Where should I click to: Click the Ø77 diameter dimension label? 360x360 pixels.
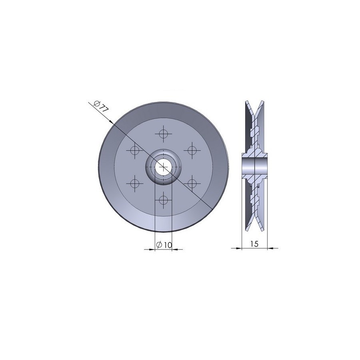point(101,106)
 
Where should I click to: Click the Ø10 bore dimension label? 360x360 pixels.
point(164,245)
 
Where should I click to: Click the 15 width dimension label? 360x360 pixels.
point(254,244)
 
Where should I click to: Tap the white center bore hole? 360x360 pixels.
point(163,167)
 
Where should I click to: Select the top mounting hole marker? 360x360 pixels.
point(163,134)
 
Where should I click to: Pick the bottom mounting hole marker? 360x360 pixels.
point(163,200)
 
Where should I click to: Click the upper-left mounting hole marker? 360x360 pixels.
point(134,150)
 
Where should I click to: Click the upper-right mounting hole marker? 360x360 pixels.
point(192,150)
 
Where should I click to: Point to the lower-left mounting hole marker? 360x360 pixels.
point(134,184)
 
